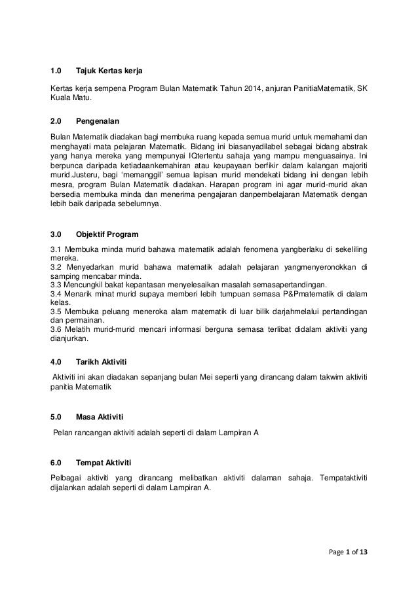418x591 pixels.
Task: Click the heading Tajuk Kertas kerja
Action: click(109, 70)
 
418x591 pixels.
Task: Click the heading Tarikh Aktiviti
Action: click(102, 361)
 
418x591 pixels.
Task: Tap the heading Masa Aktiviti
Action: click(99, 416)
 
